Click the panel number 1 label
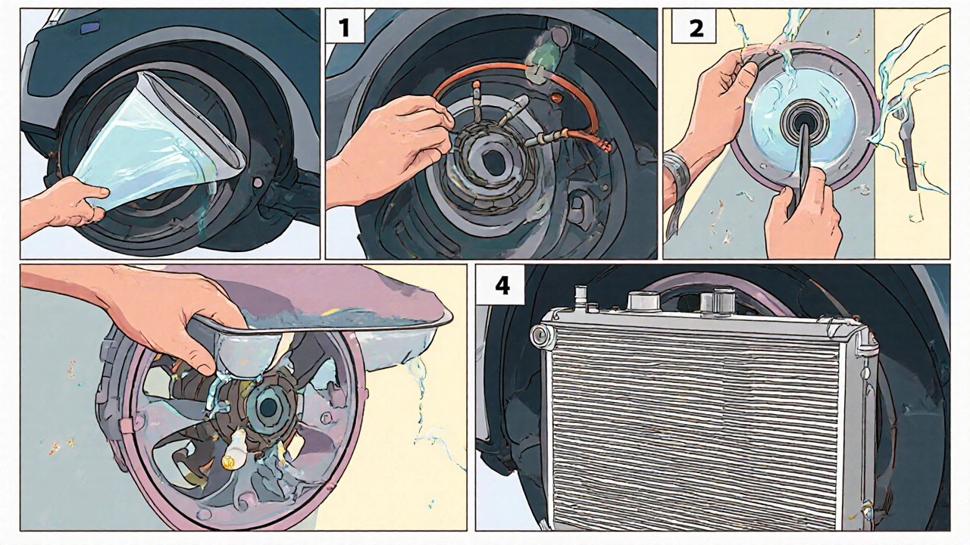(345, 26)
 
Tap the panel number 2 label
(696, 26)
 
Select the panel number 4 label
(502, 286)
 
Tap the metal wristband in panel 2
(677, 173)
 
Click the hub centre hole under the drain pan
(268, 406)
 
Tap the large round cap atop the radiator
(643, 301)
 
